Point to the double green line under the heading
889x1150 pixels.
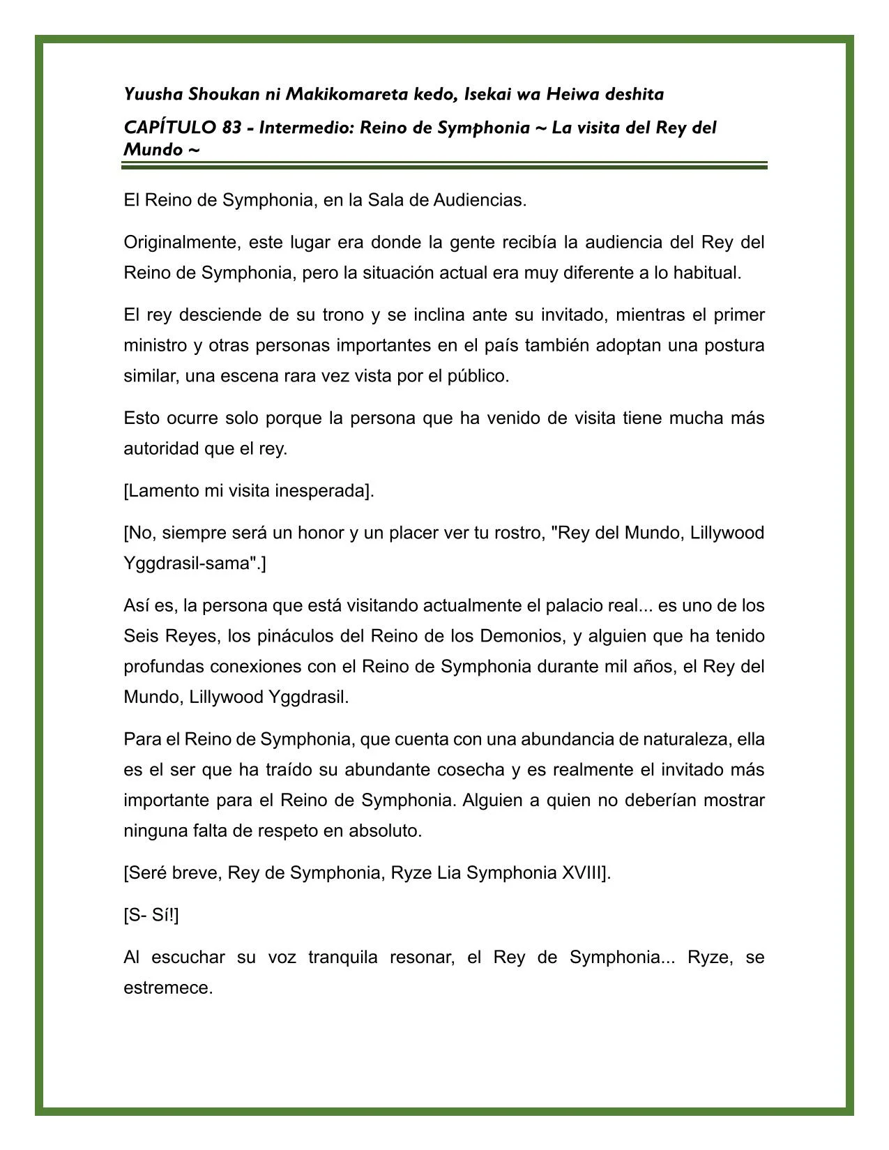coord(444,165)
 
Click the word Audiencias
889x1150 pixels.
coord(480,201)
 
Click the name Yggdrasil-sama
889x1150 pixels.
coord(188,563)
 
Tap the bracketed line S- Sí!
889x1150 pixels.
coord(151,916)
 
